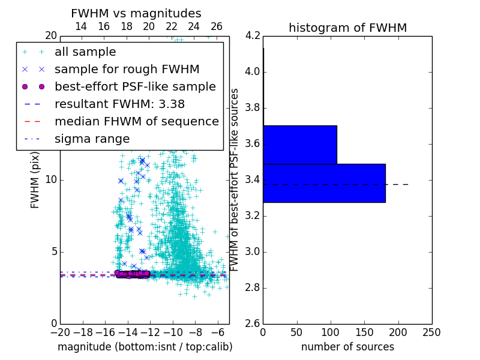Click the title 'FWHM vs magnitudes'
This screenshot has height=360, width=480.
[x=136, y=13]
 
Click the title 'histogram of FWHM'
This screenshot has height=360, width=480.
[x=347, y=28]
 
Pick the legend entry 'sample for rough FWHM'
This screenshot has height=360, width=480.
[x=127, y=69]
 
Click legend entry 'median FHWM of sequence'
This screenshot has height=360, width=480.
[x=136, y=121]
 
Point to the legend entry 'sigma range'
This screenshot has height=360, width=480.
[x=92, y=139]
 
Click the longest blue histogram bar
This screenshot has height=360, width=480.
[x=324, y=183]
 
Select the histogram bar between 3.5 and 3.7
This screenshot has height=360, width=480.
[x=300, y=145]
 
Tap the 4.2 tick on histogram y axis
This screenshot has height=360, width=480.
[x=252, y=36]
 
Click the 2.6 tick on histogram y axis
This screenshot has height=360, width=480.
[x=252, y=324]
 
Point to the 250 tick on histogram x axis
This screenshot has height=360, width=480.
[x=431, y=332]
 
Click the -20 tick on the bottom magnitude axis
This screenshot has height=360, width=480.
[x=60, y=332]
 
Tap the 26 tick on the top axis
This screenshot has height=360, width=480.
[x=217, y=26]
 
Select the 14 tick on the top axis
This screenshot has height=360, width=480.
[x=81, y=26]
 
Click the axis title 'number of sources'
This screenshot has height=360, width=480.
[x=347, y=347]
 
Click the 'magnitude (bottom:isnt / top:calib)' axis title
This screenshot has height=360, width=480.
[x=145, y=347]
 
